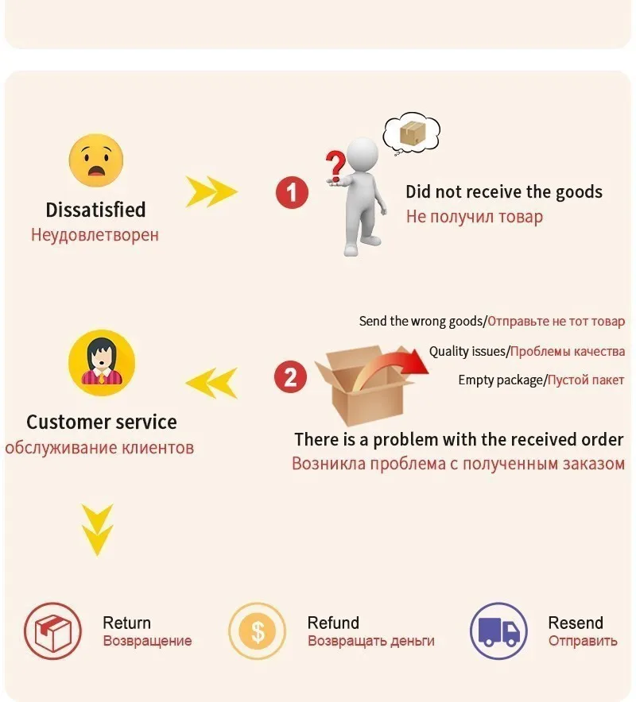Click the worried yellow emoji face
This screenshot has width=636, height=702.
[x=96, y=160]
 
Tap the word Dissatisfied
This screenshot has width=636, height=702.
[x=95, y=210]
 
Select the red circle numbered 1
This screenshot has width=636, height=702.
[x=292, y=192]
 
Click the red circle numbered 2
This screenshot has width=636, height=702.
[x=290, y=376]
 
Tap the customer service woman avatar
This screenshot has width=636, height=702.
[x=101, y=362]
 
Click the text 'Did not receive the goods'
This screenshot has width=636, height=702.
[x=504, y=192]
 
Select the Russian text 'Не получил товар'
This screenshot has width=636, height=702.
[x=475, y=217]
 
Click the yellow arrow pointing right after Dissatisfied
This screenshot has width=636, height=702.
[x=211, y=191]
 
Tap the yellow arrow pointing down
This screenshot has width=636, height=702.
[x=99, y=530]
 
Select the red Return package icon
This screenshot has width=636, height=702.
[x=52, y=632]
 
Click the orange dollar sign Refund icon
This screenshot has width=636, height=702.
[x=257, y=632]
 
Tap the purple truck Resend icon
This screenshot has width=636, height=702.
[x=498, y=632]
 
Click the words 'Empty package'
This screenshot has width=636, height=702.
[x=500, y=380]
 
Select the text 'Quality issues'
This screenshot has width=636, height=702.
[x=467, y=351]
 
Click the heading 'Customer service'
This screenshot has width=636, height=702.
[x=102, y=422]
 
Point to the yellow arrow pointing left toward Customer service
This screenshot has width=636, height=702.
[x=212, y=383]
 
